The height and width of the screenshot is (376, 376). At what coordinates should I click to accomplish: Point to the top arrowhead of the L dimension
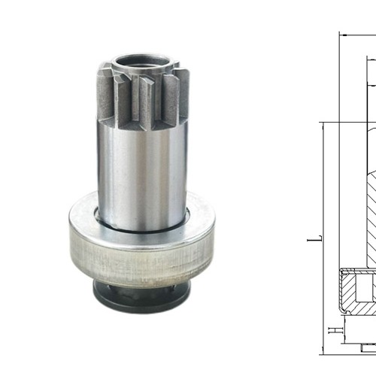324,125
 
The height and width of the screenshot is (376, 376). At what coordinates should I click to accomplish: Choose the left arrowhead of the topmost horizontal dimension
343,34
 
